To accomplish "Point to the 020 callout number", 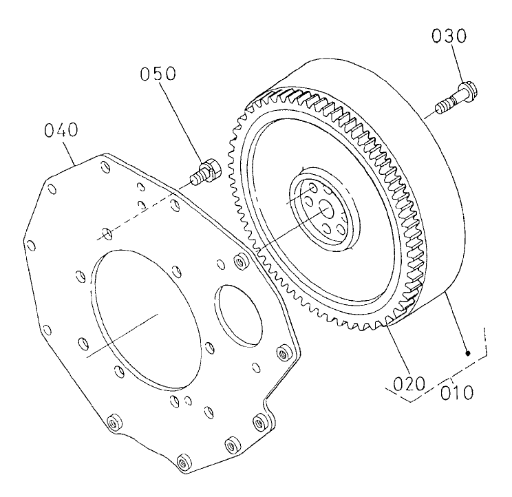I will (x=406, y=382).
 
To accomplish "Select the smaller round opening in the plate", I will (x=238, y=313).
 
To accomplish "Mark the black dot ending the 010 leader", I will (x=468, y=354).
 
